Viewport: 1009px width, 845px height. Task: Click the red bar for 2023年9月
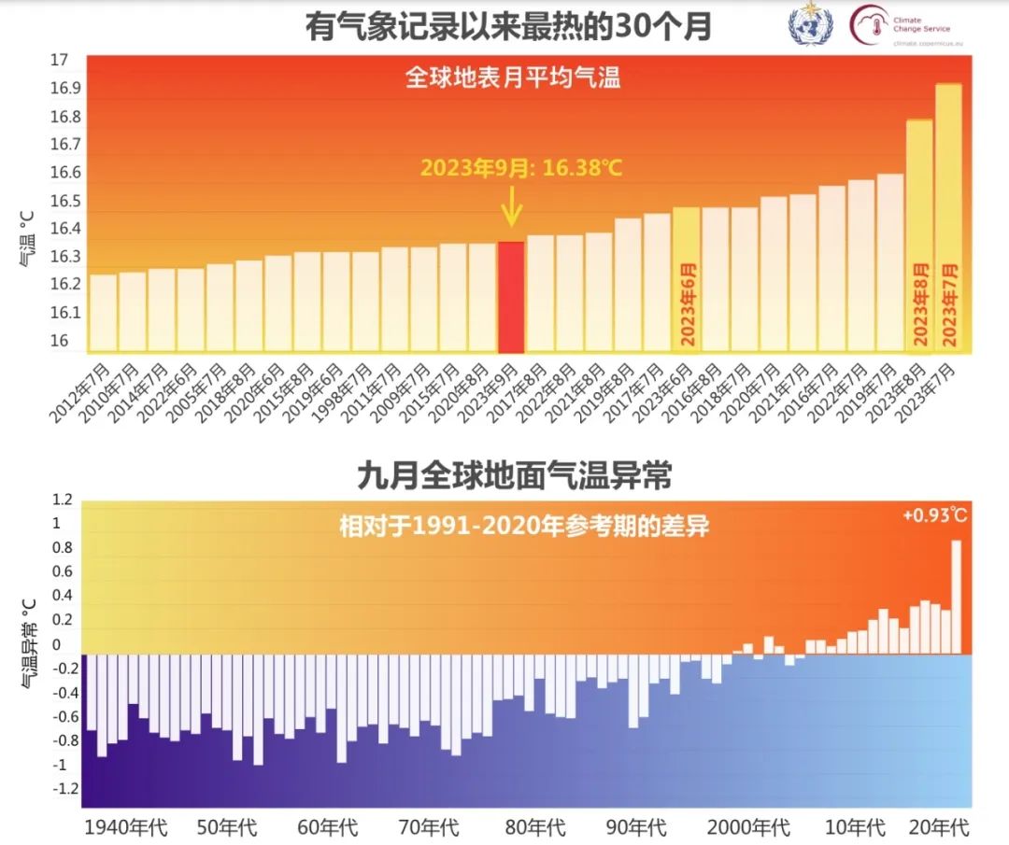coord(510,297)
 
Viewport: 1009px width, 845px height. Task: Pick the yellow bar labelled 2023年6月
coord(686,280)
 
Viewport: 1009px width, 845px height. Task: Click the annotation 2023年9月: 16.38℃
coord(520,168)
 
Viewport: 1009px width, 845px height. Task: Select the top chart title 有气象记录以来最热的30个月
coord(508,27)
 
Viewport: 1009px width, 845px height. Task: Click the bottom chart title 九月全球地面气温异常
coord(515,477)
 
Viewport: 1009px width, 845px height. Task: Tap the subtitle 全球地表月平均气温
coord(513,77)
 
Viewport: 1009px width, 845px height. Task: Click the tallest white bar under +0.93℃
coord(956,597)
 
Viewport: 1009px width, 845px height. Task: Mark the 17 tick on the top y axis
coord(60,61)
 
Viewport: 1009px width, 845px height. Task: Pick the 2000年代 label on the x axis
coord(748,827)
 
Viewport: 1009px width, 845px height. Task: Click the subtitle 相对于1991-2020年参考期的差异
coord(523,527)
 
